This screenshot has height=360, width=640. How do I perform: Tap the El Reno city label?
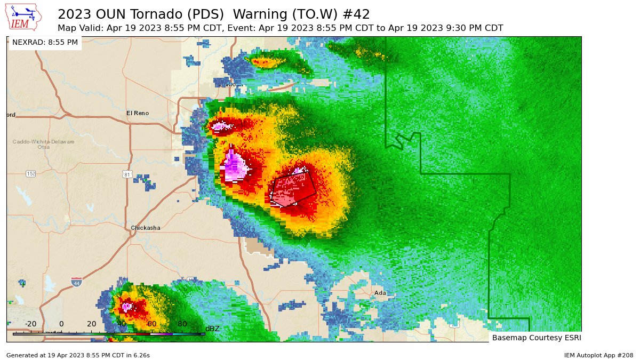pos(138,113)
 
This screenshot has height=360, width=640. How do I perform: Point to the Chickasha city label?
pos(146,228)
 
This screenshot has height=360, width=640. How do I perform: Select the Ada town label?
pos(380,293)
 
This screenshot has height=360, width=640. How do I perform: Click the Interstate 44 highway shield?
pos(76,282)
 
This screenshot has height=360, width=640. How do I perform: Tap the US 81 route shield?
pos(126,174)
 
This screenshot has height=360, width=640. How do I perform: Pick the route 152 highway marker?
pos(31,174)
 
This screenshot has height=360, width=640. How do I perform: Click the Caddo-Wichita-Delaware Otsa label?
pos(44,144)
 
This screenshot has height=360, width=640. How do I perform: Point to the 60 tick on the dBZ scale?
pos(151,324)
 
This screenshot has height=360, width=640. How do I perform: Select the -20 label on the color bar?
pos(30,324)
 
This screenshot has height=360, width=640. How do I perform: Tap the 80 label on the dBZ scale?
pos(182,324)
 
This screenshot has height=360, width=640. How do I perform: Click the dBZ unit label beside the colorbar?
pos(212,329)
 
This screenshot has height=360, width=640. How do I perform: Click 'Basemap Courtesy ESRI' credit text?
pos(536,338)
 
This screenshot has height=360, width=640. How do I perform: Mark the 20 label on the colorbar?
pos(91,324)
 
